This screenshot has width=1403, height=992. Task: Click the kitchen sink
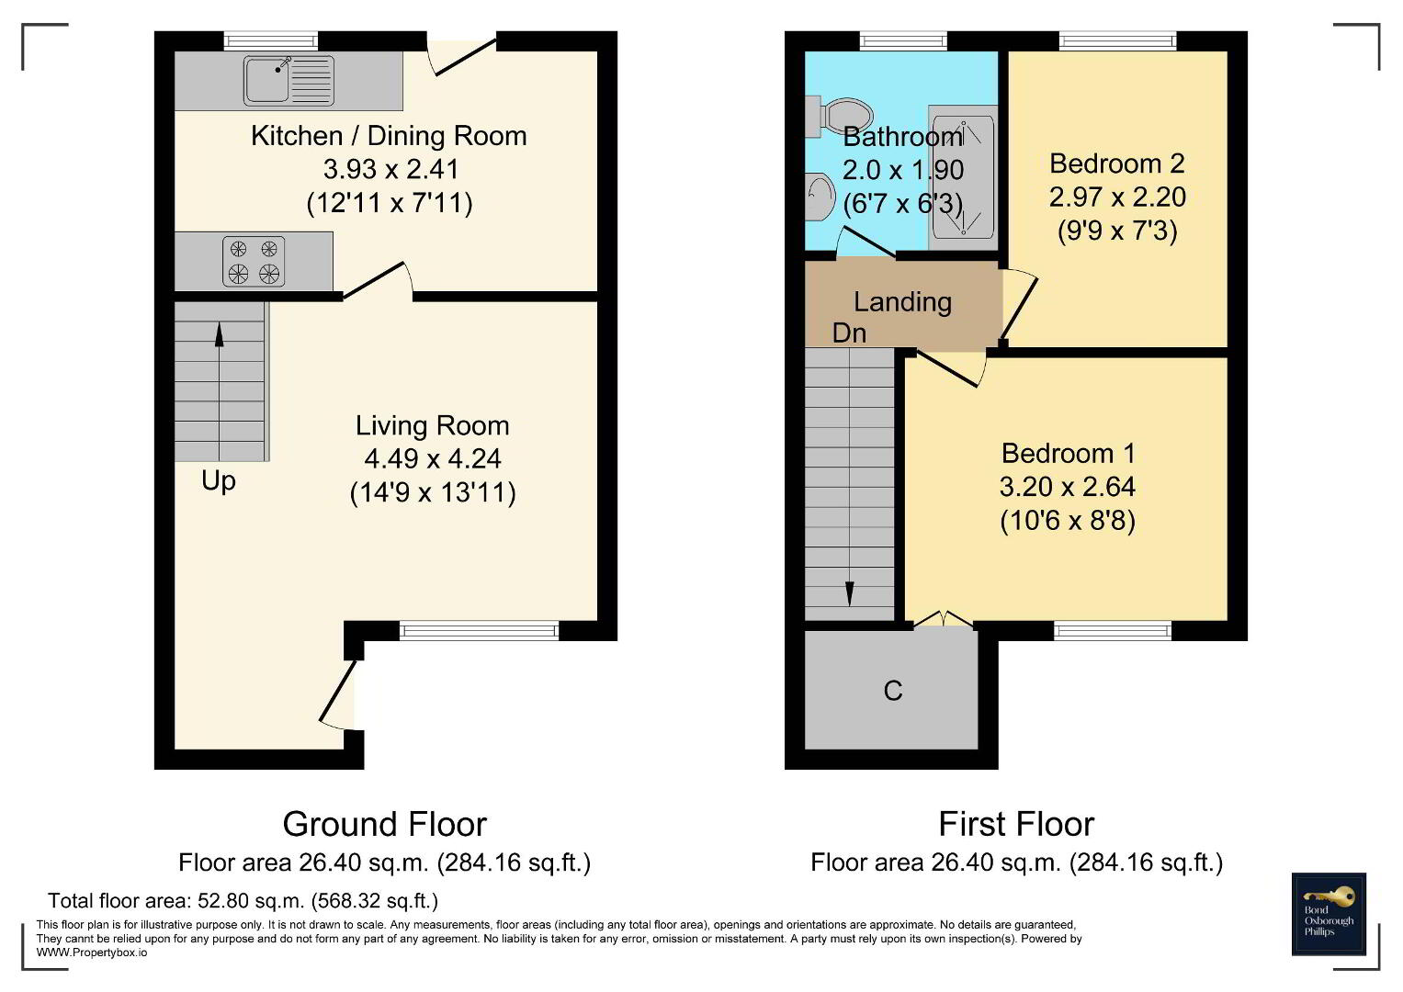[x=289, y=80]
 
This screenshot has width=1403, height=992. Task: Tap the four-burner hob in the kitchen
[x=254, y=261]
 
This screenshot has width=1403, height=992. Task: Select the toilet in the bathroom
[x=840, y=117]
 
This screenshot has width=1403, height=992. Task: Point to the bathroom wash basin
[x=820, y=197]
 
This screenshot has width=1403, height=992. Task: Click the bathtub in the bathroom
[x=963, y=177]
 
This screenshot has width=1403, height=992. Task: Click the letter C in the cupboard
[x=892, y=691]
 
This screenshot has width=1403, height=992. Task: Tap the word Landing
[x=902, y=302]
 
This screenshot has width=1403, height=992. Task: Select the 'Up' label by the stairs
[x=219, y=482]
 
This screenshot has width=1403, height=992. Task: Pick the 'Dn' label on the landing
[x=849, y=333]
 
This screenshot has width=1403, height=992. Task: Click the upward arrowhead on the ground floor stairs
[x=220, y=334]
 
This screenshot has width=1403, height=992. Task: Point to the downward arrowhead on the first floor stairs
[x=849, y=593]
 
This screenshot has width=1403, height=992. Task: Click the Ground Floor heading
[x=385, y=824]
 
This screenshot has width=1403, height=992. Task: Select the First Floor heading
[x=1016, y=824]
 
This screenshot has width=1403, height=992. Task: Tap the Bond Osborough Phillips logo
[x=1329, y=914]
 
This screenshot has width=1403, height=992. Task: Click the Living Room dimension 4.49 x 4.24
[x=433, y=459]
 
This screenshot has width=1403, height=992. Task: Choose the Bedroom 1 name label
[x=1068, y=454]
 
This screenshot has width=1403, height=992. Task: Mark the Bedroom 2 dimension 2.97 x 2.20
[x=1117, y=197]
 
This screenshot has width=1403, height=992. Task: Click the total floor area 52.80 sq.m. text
[x=243, y=900]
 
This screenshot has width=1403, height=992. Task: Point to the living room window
[x=479, y=630]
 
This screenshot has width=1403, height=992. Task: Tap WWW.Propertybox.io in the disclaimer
[x=92, y=953]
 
